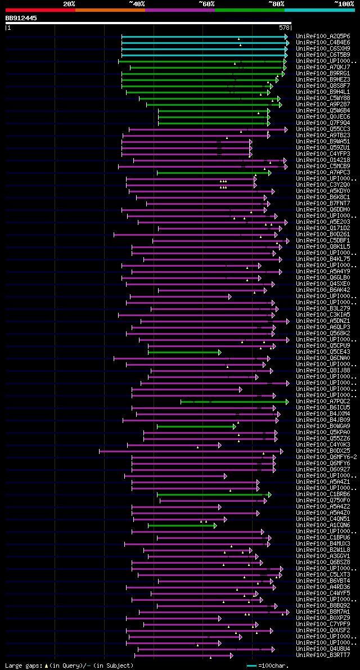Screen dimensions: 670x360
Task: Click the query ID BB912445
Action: tap(21, 18)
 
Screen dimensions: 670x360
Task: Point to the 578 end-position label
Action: tap(284, 27)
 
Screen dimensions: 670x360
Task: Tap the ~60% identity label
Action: tap(206, 3)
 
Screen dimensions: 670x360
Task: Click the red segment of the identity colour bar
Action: tap(40, 10)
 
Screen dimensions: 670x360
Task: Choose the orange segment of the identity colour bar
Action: tap(110, 10)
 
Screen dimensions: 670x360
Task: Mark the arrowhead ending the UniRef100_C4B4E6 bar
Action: tap(287, 43)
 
